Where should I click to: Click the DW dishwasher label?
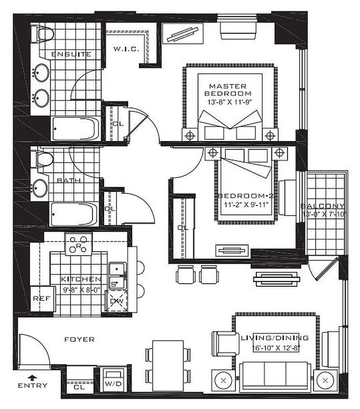point(116,301)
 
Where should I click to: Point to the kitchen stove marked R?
point(79,245)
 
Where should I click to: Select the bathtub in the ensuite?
point(76,128)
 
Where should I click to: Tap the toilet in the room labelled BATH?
point(41,159)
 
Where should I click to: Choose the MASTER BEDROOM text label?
point(228,90)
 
